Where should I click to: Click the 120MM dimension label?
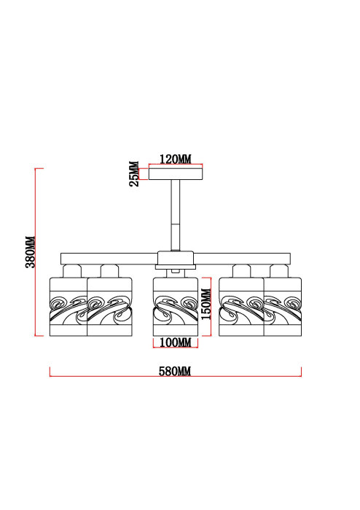(x=176, y=159)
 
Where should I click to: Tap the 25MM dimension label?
(x=134, y=173)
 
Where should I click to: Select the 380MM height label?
(x=31, y=252)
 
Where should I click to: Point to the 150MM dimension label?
(x=206, y=304)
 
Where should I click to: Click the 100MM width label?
(x=176, y=342)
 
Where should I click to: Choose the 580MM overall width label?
(x=175, y=371)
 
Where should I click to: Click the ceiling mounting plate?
(x=176, y=173)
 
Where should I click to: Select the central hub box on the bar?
(x=176, y=258)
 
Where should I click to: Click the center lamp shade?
(x=176, y=307)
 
